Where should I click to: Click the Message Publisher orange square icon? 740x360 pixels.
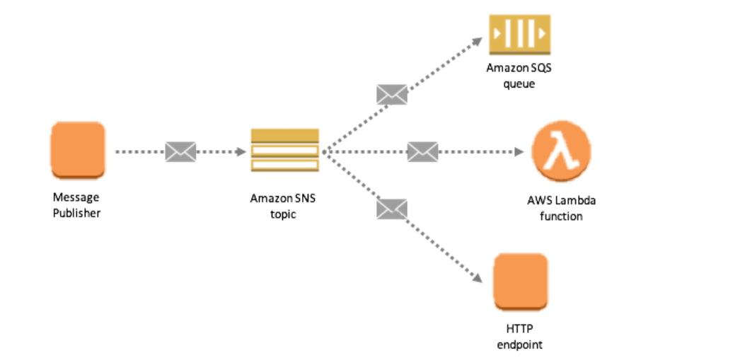tap(78, 149)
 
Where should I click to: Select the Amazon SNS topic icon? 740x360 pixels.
tap(284, 150)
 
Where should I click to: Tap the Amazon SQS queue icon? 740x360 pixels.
tap(519, 34)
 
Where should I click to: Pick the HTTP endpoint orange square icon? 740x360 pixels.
tap(521, 281)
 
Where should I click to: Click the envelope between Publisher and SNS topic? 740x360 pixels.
tap(180, 151)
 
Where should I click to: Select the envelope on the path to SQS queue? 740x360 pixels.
tap(392, 94)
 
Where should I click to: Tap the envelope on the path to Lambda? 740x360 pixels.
tap(422, 151)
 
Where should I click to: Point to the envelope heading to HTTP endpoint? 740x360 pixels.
tap(392, 208)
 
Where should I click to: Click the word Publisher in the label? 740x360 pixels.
tap(76, 213)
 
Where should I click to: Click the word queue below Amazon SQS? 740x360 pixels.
tap(519, 84)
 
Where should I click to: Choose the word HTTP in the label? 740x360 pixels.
tap(520, 329)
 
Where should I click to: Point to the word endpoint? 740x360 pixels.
tap(520, 344)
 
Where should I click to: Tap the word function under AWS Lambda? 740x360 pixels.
tap(561, 216)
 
